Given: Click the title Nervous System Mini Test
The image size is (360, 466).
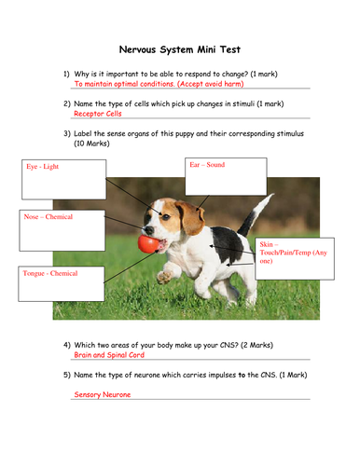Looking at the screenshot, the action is (x=180, y=49).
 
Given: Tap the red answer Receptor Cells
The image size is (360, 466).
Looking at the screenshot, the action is (x=98, y=114).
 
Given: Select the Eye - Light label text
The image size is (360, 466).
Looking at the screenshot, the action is (x=42, y=167).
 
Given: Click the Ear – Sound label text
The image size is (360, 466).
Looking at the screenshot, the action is (x=207, y=165).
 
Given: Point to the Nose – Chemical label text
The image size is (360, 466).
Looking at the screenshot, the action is (x=48, y=216).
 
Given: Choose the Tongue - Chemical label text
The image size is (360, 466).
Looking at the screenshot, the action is (x=50, y=273).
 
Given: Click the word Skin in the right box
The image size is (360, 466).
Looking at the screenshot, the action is (x=267, y=244).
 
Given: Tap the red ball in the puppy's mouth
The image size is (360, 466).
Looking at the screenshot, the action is (x=148, y=243).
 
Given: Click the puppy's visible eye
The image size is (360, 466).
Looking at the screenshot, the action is (x=166, y=217).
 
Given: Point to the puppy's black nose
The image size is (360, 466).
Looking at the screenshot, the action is (x=149, y=230).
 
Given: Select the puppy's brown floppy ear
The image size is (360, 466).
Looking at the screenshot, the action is (x=190, y=217).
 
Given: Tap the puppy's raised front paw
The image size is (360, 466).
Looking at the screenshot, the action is (x=164, y=278).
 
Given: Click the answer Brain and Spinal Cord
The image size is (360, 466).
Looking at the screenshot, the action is (x=109, y=355).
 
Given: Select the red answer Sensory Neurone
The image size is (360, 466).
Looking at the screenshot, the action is (x=103, y=394).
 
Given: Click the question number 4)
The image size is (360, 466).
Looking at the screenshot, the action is (x=67, y=345).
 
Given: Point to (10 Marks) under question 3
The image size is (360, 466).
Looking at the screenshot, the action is (x=91, y=144).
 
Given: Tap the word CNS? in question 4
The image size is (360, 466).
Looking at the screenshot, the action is (x=229, y=345).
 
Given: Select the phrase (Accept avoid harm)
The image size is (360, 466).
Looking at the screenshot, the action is (x=211, y=84).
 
